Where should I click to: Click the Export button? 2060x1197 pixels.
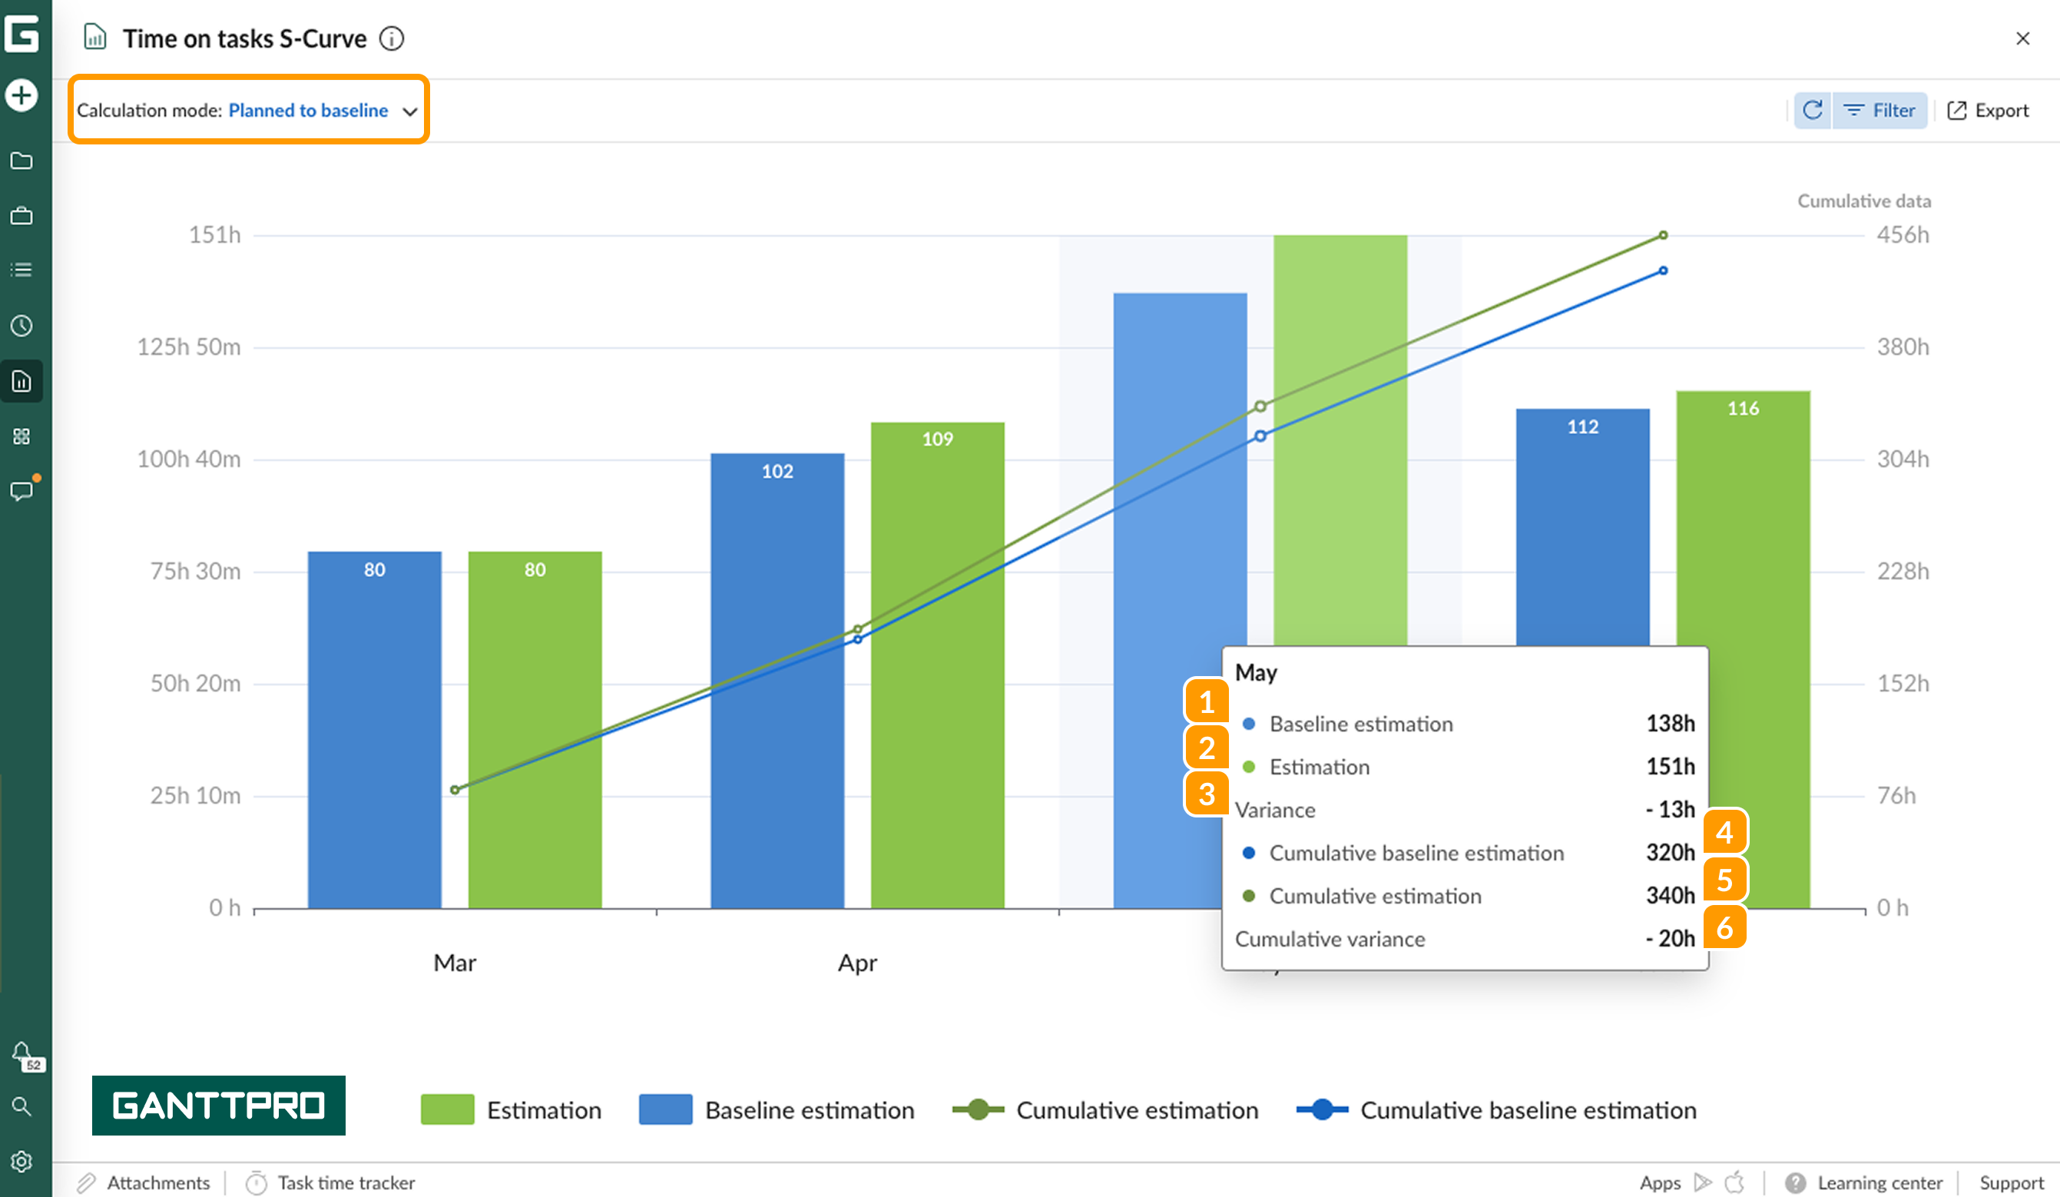(1988, 111)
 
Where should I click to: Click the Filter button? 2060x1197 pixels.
(1880, 111)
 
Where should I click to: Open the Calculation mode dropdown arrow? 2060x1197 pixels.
(409, 111)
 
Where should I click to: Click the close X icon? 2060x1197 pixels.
(2022, 38)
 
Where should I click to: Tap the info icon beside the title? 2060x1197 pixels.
(392, 38)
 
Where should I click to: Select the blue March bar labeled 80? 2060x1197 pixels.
(374, 728)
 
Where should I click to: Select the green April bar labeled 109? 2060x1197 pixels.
(937, 662)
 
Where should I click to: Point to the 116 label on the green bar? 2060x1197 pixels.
(1743, 408)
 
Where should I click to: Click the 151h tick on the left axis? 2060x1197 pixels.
(215, 234)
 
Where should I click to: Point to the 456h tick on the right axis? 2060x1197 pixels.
(1903, 234)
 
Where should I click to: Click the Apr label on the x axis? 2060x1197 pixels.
(856, 963)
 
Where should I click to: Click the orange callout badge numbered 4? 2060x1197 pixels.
(1725, 831)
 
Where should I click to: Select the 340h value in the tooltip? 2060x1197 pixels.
(1669, 895)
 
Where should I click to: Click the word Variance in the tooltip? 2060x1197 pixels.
(1274, 810)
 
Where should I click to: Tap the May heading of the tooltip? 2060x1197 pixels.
(1256, 673)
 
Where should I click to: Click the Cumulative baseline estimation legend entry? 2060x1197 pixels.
(1496, 1109)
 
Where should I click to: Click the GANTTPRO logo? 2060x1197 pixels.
(218, 1105)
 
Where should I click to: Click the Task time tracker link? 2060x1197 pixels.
(345, 1182)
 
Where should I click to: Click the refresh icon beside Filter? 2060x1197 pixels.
(1813, 111)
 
